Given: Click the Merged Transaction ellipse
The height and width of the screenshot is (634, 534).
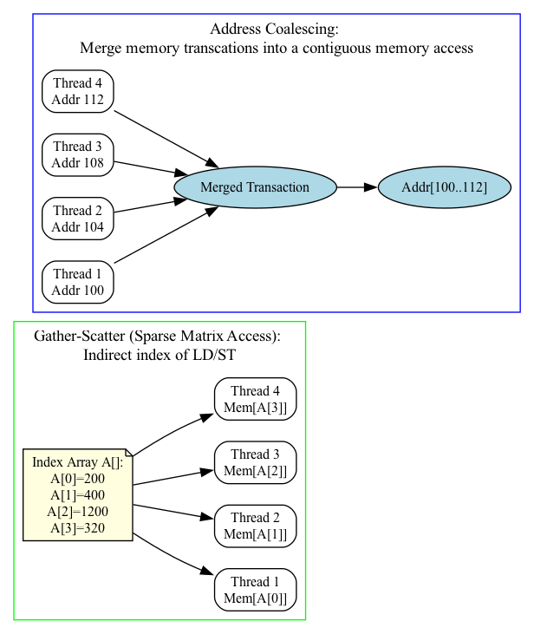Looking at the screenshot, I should click(x=254, y=187).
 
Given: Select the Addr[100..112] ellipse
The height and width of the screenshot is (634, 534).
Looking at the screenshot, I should click(x=444, y=187).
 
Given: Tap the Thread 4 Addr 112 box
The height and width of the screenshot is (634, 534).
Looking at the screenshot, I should click(x=77, y=91).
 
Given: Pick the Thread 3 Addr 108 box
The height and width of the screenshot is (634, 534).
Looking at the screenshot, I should click(x=77, y=155).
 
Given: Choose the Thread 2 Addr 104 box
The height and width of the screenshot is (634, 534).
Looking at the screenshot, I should click(x=77, y=219).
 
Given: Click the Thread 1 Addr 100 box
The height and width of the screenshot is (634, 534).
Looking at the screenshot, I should click(x=77, y=282).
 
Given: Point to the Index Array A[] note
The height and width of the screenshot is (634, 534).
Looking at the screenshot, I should click(x=77, y=494).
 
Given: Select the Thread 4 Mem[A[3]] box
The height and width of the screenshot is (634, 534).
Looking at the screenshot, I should click(x=256, y=399).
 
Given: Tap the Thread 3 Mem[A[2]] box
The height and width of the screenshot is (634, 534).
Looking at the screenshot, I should click(x=256, y=462).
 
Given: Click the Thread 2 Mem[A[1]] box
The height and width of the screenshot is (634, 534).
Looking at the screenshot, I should click(x=256, y=526).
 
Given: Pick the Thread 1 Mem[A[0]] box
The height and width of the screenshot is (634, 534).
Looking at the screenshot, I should click(x=256, y=590).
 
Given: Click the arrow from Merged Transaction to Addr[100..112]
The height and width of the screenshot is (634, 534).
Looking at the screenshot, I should click(x=356, y=187).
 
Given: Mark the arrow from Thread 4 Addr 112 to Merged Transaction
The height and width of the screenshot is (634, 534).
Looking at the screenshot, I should click(x=165, y=138).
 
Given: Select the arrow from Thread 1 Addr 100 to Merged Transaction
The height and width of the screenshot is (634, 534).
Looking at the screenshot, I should click(x=165, y=236).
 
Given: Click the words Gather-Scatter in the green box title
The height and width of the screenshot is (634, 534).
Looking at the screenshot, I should click(x=74, y=336).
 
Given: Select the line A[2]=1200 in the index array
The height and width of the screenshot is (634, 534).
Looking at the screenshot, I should click(x=77, y=511).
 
